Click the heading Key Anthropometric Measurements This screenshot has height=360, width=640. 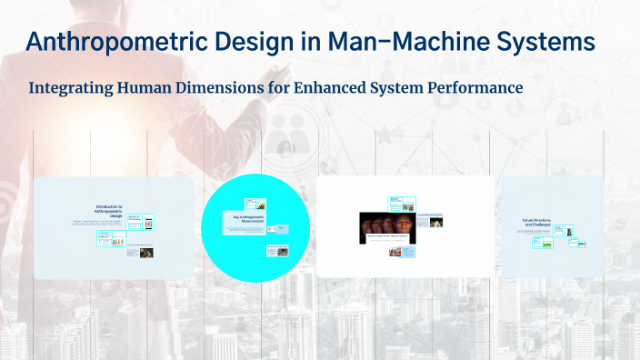pos(243,218)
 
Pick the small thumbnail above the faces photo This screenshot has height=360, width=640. pos(397,202)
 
